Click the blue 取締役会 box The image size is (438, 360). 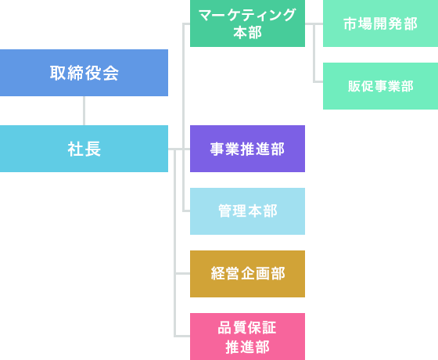click(84, 73)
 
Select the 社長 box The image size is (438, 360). click(84, 149)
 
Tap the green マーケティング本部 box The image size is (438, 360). click(247, 23)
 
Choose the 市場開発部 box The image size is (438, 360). click(380, 23)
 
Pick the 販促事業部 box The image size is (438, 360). click(380, 86)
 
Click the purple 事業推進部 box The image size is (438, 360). click(247, 149)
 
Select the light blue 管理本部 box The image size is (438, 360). click(247, 211)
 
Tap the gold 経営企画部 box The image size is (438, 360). click(247, 274)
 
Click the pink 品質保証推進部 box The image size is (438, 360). click(247, 337)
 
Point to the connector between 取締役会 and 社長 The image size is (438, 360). click(84, 110)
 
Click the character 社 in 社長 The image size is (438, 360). click(76, 149)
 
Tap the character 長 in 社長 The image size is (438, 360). click(92, 149)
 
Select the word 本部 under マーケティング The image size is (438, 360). click(247, 33)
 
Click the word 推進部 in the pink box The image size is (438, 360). click(247, 346)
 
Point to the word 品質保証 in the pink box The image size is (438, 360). click(247, 327)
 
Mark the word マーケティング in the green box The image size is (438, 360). click(247, 15)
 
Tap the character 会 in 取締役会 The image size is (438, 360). click(110, 73)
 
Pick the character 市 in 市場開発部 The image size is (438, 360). click(350, 23)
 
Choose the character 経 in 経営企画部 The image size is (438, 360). click(219, 274)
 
